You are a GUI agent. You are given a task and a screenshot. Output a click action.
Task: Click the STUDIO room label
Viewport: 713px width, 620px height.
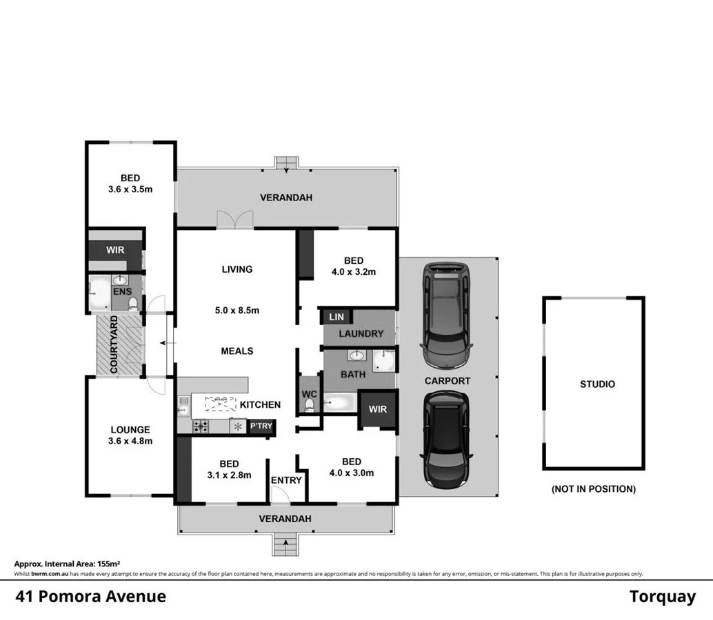[597, 384]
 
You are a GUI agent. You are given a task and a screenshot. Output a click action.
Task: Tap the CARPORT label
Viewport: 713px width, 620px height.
[447, 380]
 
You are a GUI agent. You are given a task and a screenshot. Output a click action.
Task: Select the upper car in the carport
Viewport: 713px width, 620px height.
[447, 314]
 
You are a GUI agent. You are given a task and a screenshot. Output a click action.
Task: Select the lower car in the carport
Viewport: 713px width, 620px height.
[447, 438]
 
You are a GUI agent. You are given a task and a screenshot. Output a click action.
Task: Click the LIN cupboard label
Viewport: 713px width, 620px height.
[337, 317]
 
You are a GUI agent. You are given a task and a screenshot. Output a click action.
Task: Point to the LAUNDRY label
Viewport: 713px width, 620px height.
[361, 333]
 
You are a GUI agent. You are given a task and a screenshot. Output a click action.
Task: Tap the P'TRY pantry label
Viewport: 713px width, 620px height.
[261, 426]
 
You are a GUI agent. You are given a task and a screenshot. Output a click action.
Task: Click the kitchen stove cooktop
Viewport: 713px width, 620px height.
[201, 426]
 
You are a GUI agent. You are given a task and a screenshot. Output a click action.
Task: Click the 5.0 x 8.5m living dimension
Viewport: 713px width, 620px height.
[237, 310]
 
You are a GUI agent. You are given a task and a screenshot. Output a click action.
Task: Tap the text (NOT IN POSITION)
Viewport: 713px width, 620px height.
[593, 489]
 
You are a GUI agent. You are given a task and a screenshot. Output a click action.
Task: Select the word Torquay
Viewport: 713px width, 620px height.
[662, 597]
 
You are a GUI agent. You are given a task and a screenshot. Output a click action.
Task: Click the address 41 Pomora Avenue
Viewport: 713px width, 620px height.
[90, 596]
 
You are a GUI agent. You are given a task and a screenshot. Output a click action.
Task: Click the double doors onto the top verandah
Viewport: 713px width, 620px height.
[234, 219]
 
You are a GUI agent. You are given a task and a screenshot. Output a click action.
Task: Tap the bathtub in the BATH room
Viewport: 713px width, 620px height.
[341, 402]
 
